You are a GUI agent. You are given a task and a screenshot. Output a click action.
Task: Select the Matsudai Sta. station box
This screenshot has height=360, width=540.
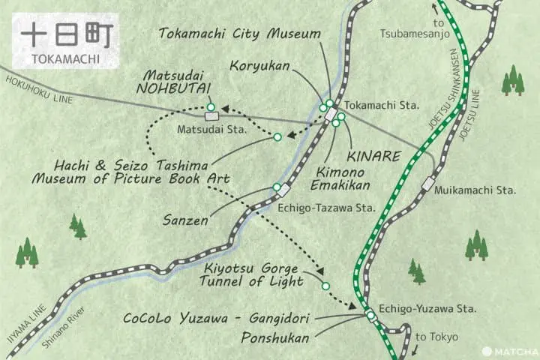point(211,116)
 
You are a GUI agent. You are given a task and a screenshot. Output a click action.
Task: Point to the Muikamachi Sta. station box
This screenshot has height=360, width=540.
point(428,182)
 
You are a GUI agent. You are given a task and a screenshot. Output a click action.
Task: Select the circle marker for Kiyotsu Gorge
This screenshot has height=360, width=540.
point(325,286)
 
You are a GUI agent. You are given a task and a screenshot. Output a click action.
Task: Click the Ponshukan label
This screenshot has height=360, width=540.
point(275,338)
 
